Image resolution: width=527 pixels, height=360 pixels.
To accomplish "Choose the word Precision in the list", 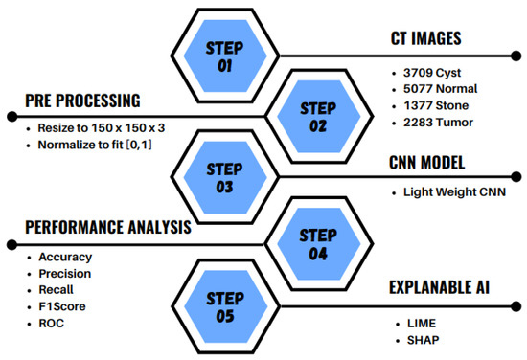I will point(66,274).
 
